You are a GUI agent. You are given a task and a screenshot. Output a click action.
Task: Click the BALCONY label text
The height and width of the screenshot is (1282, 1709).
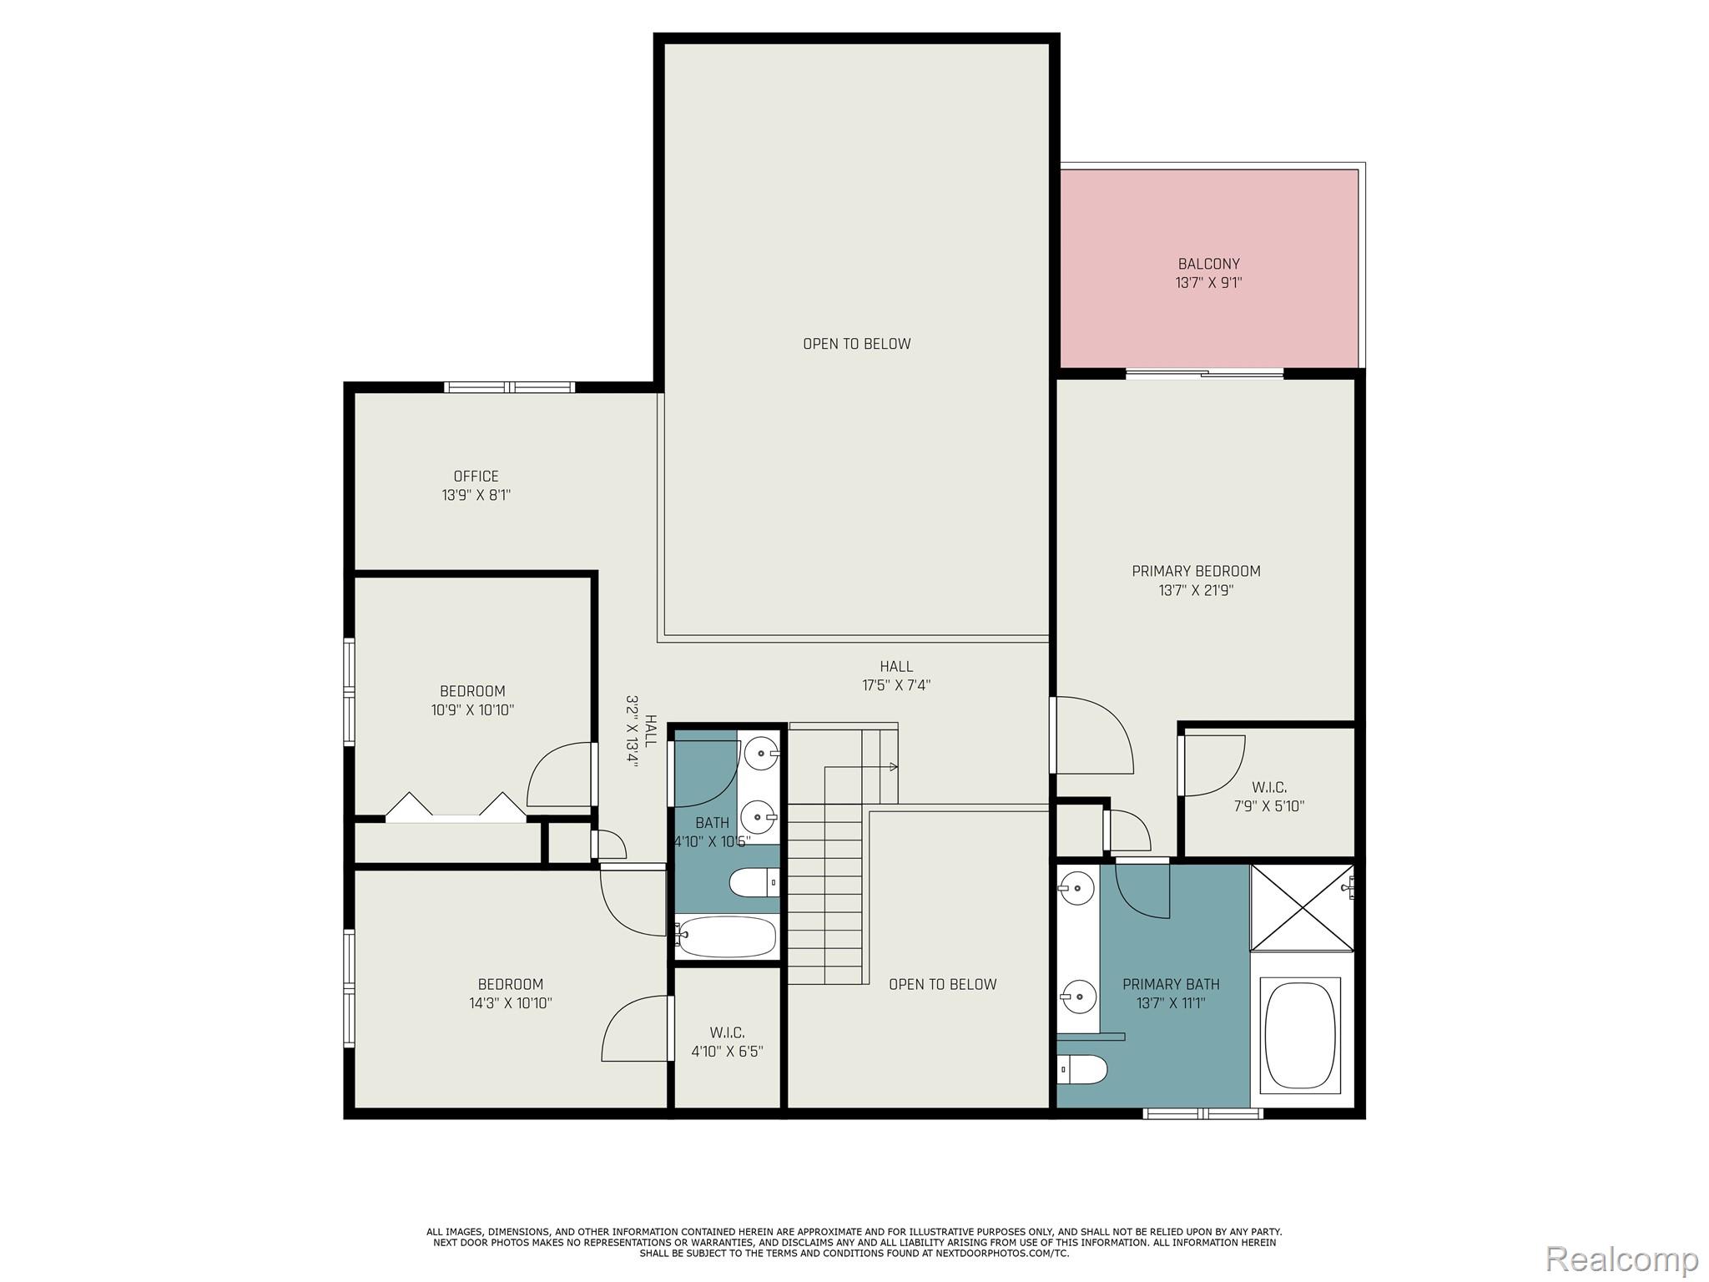(x=1208, y=264)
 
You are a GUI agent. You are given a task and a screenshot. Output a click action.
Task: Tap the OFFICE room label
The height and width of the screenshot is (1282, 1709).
(x=476, y=477)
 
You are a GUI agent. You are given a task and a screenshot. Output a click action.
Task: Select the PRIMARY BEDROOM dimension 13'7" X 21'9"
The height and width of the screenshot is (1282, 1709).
(x=1196, y=591)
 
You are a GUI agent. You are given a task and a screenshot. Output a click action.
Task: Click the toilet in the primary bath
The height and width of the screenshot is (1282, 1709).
(x=1082, y=1067)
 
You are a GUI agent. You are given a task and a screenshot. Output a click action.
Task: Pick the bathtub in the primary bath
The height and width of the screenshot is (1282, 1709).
(x=1302, y=1034)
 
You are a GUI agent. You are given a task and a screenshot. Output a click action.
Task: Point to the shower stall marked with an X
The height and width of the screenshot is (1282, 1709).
(x=1301, y=907)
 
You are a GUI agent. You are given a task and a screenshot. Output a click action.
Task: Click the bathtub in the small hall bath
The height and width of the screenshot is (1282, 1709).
(x=726, y=936)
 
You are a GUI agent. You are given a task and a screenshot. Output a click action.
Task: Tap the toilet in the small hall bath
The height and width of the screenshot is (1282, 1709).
(x=754, y=882)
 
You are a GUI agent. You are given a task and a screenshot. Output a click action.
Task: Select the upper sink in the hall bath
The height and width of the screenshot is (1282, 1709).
(x=760, y=754)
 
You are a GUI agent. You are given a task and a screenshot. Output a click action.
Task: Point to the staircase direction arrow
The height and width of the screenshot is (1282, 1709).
(x=893, y=766)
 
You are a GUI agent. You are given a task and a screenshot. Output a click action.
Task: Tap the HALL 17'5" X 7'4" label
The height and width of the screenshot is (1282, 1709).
(x=896, y=676)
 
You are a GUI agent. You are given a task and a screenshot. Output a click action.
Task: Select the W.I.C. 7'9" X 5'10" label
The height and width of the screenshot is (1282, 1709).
(x=1268, y=797)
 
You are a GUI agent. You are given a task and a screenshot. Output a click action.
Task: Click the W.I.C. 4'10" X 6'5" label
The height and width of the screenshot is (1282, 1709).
(x=727, y=1042)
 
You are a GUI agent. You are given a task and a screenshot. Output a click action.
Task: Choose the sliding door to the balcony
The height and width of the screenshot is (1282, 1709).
(x=1204, y=374)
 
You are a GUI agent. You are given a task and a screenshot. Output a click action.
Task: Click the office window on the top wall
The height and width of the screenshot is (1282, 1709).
(x=509, y=387)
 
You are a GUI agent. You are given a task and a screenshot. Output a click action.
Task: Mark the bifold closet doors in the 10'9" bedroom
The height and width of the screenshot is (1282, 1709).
(x=456, y=808)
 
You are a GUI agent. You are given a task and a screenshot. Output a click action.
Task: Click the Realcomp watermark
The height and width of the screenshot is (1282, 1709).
(x=1621, y=1259)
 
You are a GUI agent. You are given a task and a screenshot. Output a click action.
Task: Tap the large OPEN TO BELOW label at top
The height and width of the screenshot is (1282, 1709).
(x=856, y=344)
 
